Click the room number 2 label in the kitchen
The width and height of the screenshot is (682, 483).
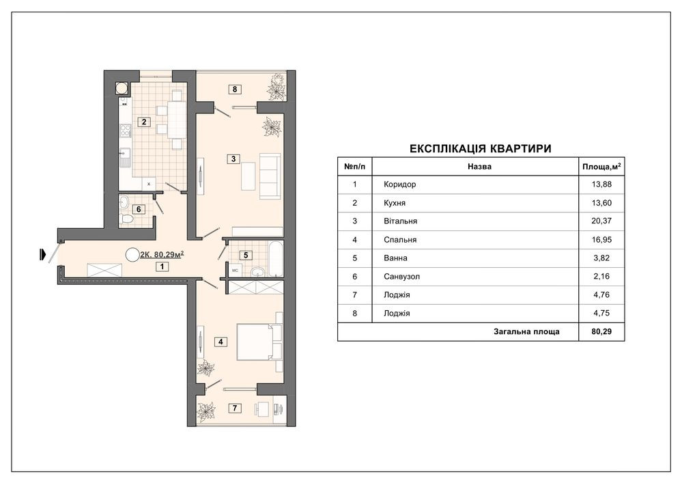144,122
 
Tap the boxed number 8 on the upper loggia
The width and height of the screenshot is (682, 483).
235,89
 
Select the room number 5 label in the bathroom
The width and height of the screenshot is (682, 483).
246,255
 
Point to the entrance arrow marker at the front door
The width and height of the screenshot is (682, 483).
42,254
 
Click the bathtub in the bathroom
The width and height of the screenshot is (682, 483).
275,258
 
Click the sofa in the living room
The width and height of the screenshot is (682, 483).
270,176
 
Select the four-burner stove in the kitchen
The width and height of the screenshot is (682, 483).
126,130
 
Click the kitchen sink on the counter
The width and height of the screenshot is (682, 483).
125,158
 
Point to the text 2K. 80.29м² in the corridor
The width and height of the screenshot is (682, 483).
161,255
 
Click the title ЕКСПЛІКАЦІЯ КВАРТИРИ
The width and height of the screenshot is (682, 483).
481,149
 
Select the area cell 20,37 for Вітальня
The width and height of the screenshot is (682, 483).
601,221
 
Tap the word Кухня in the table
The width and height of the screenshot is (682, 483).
395,203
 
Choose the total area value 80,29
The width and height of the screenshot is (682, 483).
601,331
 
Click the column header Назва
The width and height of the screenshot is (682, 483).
480,166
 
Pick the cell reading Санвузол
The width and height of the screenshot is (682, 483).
402,276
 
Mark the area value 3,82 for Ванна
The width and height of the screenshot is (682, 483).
601,258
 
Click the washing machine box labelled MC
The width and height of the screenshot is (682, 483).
236,271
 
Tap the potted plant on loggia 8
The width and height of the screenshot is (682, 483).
276,87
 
